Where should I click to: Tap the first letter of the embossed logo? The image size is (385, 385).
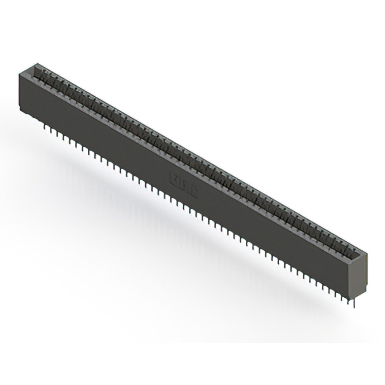(174, 177)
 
